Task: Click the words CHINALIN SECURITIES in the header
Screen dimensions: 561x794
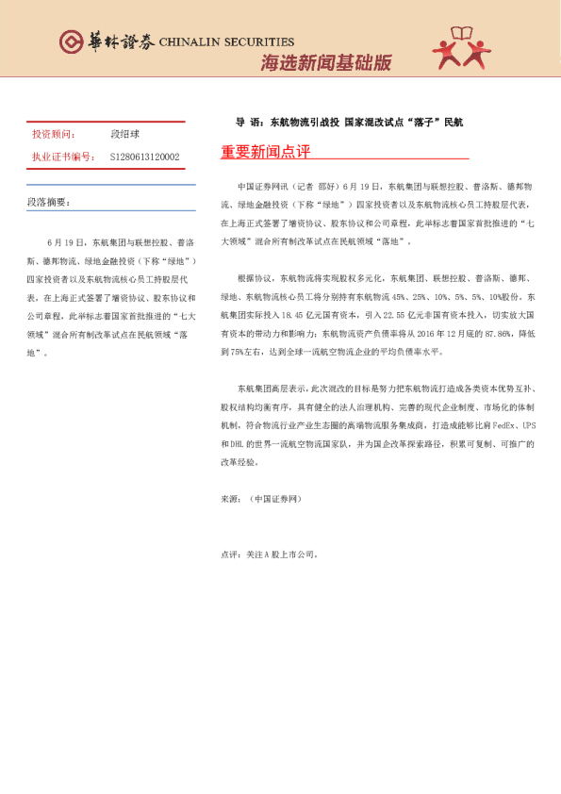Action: [x=227, y=42]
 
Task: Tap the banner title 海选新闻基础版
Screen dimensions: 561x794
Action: [x=325, y=63]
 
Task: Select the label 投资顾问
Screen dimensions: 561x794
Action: [x=52, y=135]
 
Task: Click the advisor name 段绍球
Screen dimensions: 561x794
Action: [x=125, y=135]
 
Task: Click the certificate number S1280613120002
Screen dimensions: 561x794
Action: [x=144, y=157]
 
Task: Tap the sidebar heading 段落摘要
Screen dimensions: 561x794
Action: [x=48, y=202]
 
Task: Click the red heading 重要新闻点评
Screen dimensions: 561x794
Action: [x=265, y=153]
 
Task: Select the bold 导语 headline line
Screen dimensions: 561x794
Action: [x=349, y=123]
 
